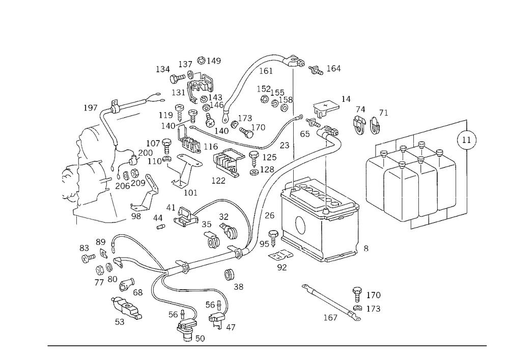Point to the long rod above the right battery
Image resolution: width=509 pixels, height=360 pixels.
tap(422, 131)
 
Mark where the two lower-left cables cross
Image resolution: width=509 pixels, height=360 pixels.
tap(160, 275)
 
